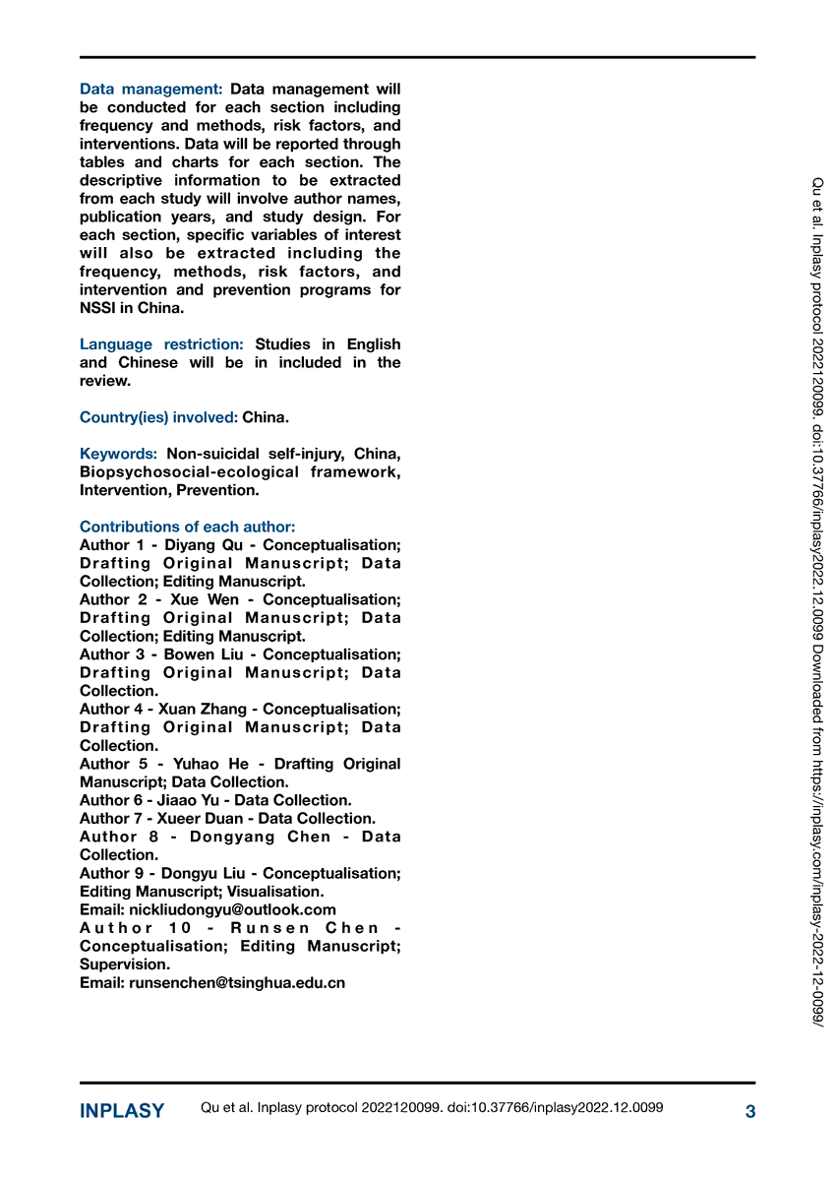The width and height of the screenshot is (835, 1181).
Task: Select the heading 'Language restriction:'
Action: click(x=161, y=344)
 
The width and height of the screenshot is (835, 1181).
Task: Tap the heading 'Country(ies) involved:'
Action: click(x=158, y=417)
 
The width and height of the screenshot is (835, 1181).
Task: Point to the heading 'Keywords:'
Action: click(x=118, y=454)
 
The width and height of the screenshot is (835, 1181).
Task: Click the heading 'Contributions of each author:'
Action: click(x=187, y=527)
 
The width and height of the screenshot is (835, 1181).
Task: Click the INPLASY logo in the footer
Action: click(x=122, y=1111)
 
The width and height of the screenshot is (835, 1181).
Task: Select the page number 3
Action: click(x=750, y=1112)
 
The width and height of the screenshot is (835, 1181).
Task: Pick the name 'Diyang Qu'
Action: click(x=197, y=545)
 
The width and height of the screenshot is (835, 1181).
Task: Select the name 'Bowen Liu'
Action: click(x=204, y=654)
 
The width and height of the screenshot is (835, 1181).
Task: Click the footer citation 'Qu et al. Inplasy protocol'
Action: click(x=285, y=1108)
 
